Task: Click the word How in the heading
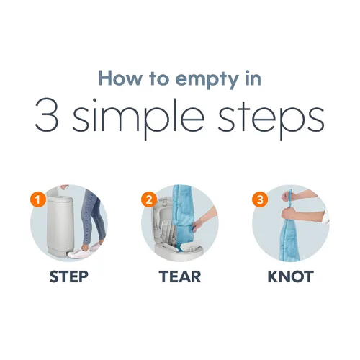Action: click(x=120, y=78)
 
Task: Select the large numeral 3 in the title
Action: click(x=47, y=115)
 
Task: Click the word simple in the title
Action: click(x=138, y=118)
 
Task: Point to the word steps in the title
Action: click(x=271, y=120)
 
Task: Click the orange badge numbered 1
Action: click(x=38, y=199)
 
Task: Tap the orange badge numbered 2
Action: click(x=149, y=199)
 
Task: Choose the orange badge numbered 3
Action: click(x=260, y=199)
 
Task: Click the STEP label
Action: click(x=69, y=276)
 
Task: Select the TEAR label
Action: click(x=180, y=276)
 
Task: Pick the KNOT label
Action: click(x=291, y=276)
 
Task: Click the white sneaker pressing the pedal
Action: click(x=78, y=253)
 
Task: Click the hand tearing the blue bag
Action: click(x=199, y=225)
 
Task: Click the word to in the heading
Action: click(x=158, y=79)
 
